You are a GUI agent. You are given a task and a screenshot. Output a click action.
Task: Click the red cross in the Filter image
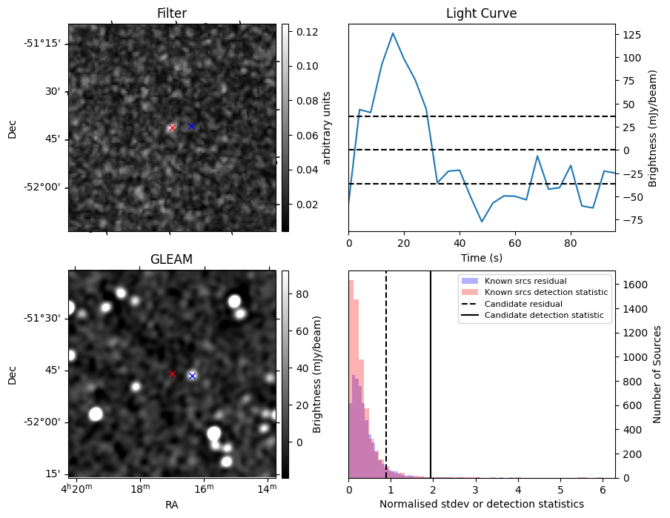click(x=172, y=127)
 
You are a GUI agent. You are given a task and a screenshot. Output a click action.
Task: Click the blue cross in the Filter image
click(x=192, y=127)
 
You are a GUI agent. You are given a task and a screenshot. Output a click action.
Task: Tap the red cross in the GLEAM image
click(x=172, y=374)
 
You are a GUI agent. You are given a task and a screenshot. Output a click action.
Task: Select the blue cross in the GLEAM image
click(x=192, y=376)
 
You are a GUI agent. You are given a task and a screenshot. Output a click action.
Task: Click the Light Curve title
click(x=482, y=13)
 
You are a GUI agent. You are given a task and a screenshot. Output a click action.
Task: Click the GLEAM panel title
click(x=172, y=259)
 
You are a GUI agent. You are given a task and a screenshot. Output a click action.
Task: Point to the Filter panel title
click(x=172, y=13)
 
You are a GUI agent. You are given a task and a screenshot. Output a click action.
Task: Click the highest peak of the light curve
click(x=393, y=33)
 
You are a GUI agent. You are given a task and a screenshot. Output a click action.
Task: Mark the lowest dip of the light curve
click(x=482, y=222)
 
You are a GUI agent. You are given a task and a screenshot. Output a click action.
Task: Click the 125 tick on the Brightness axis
click(x=632, y=35)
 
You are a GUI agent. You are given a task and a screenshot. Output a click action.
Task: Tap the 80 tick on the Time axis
click(x=571, y=244)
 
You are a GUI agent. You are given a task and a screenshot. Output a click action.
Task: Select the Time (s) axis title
click(x=482, y=258)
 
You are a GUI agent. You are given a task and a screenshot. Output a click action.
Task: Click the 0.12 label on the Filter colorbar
click(x=308, y=32)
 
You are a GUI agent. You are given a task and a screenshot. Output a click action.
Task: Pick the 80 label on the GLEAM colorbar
click(x=302, y=294)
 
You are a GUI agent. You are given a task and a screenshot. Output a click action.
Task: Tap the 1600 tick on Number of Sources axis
click(x=635, y=285)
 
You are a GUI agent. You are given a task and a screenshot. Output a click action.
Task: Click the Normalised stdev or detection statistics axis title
click(x=482, y=505)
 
